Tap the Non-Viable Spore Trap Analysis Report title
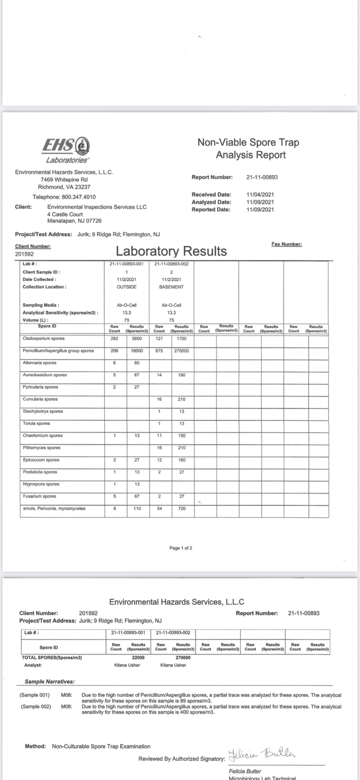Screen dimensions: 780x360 tap(248, 149)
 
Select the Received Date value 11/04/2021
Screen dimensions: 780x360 tap(260, 194)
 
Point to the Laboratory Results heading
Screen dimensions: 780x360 tap(171, 251)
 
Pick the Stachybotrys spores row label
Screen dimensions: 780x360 tap(43, 411)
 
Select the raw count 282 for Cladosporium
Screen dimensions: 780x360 tap(115, 338)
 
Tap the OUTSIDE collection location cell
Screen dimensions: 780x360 tap(126, 287)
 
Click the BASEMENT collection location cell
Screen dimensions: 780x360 tap(171, 287)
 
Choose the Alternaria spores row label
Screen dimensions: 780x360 tap(40, 363)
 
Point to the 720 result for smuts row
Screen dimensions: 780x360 tap(182, 508)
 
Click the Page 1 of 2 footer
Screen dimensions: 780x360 tap(181, 548)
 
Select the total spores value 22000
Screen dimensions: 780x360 tap(138, 657)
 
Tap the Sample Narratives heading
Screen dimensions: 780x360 tap(50, 681)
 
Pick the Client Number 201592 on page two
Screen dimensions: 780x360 tap(88, 613)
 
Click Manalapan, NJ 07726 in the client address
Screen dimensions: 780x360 tap(74, 221)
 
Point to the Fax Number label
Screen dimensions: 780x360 tap(287, 244)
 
